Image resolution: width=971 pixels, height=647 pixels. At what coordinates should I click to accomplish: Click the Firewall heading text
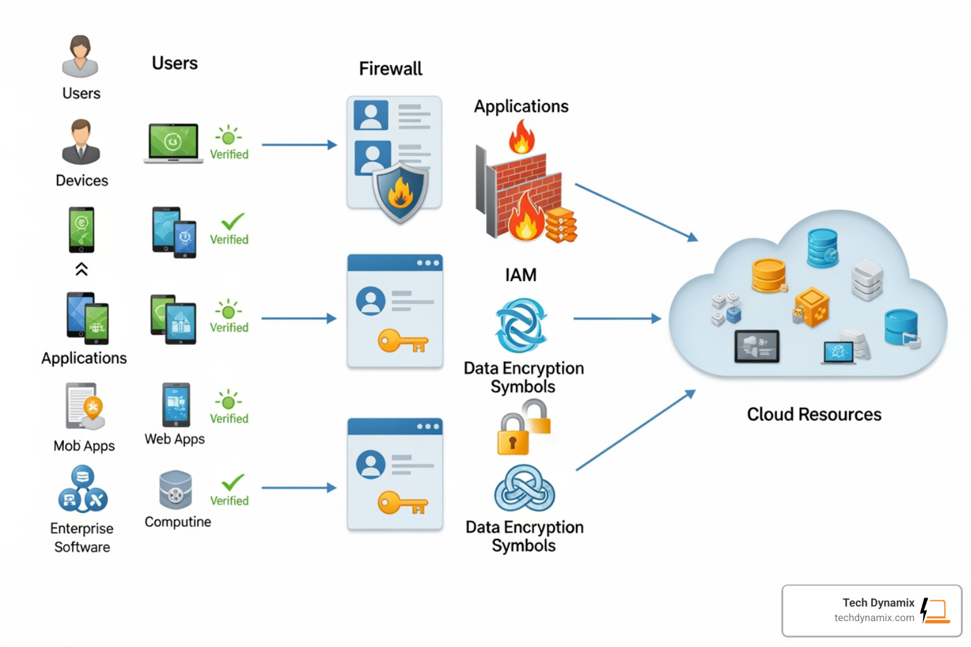[390, 68]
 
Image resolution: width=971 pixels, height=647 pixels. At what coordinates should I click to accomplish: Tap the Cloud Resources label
[814, 414]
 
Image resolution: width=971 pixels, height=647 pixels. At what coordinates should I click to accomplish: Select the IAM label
[520, 275]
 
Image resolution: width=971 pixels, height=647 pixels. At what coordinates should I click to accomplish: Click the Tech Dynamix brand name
[878, 603]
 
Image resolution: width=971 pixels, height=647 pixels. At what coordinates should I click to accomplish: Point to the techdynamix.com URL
[874, 618]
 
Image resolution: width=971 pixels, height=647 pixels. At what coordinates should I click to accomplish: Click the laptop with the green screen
[173, 143]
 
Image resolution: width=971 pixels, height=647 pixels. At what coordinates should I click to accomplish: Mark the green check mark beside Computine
[233, 482]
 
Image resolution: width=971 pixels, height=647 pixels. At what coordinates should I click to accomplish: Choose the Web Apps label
[174, 439]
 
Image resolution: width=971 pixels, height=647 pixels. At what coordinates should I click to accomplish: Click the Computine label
[178, 522]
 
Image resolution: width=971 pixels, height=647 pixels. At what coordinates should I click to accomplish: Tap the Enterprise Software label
[82, 538]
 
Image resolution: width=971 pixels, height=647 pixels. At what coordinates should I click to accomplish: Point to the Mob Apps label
[84, 446]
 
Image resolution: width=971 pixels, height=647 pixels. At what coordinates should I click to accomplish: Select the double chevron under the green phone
[82, 269]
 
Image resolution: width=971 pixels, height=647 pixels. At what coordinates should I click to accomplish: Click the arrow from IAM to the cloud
[616, 318]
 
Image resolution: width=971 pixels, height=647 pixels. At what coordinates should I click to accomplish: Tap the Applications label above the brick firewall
[521, 106]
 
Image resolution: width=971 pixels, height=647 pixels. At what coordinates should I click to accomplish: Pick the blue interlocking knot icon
[524, 489]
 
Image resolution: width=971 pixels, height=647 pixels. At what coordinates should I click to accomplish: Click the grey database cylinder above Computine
[175, 490]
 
